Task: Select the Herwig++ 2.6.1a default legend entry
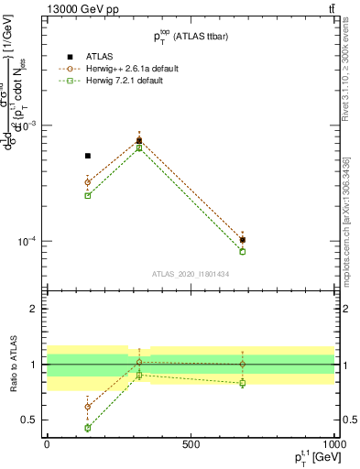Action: pos(125,67)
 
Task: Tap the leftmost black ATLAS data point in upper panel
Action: pos(88,156)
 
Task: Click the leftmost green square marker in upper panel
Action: pos(88,195)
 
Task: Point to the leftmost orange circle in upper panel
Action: pos(88,182)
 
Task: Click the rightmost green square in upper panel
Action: pos(243,251)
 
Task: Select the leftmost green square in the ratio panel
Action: pos(88,428)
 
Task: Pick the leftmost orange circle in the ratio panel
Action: pos(88,407)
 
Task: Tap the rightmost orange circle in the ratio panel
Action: pos(243,364)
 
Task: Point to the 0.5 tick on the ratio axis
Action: pos(32,420)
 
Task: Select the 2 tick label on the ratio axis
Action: pos(36,309)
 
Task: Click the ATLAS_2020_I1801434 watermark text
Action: pos(191,274)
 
